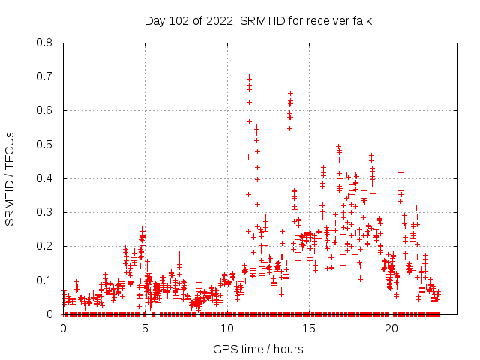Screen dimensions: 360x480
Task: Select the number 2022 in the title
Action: tap(216, 20)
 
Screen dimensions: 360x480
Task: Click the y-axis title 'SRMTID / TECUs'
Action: tap(10, 178)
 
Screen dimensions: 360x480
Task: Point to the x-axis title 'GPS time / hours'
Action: tap(258, 349)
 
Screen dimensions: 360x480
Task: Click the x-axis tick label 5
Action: tap(145, 328)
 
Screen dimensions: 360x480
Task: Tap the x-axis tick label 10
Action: tap(227, 328)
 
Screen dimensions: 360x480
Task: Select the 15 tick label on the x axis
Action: tap(309, 328)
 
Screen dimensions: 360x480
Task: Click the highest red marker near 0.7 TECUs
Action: tap(249, 76)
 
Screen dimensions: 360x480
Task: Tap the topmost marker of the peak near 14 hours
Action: tap(290, 94)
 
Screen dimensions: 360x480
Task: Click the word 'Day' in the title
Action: tap(155, 20)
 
